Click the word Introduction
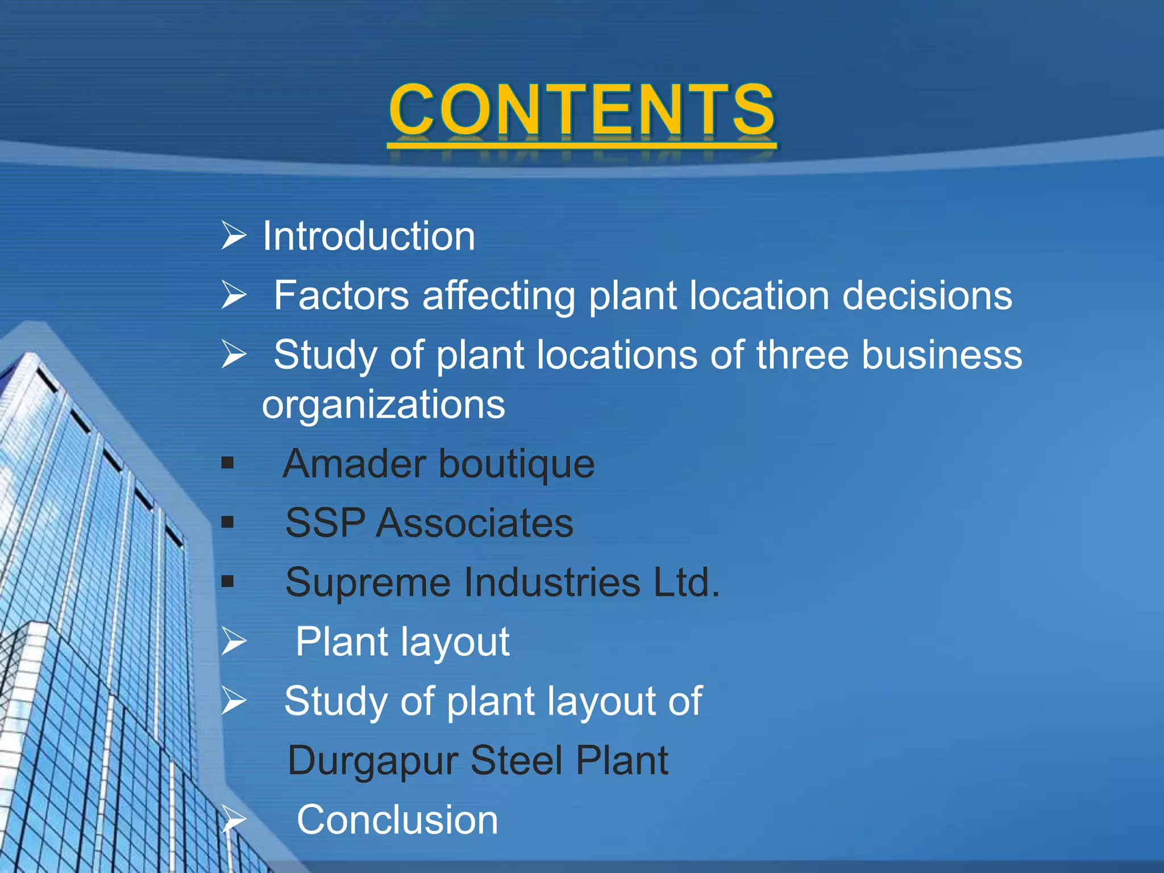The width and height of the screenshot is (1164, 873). [368, 236]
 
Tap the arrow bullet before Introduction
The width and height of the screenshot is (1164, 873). [234, 236]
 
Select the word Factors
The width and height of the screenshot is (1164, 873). [341, 296]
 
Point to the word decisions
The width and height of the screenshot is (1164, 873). [927, 296]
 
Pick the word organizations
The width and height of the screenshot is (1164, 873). [383, 405]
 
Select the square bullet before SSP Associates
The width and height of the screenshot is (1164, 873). [228, 522]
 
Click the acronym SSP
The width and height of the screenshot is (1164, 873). [325, 523]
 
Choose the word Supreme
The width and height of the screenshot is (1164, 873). [369, 583]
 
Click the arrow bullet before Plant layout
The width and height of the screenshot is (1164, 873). [234, 642]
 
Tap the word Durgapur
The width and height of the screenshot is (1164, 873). [373, 762]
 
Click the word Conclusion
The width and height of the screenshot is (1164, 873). [397, 820]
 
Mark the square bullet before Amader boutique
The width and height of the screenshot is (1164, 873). [228, 463]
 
